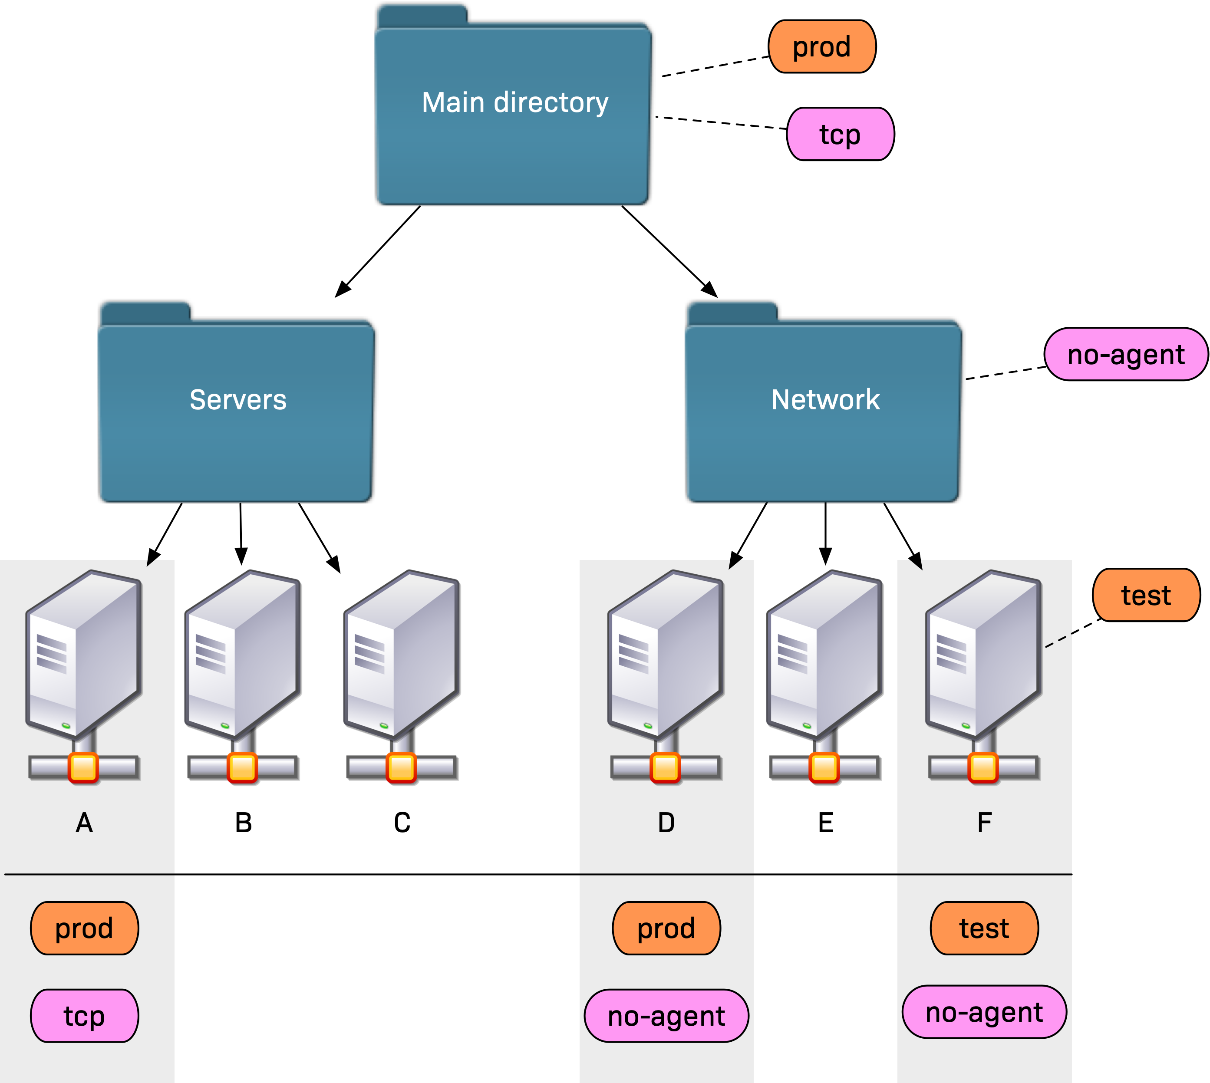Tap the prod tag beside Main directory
tap(822, 46)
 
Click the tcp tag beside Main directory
tap(840, 134)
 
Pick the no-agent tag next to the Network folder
tap(1125, 355)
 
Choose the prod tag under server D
tap(666, 928)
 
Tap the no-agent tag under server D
tap(666, 1016)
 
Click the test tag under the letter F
tap(984, 928)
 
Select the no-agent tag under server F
tap(984, 1011)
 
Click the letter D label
tap(666, 823)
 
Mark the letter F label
tap(984, 823)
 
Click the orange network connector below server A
tap(83, 767)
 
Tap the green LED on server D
tap(648, 726)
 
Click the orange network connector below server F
tap(983, 767)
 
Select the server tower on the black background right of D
tap(824, 655)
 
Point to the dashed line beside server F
tap(1058, 641)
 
